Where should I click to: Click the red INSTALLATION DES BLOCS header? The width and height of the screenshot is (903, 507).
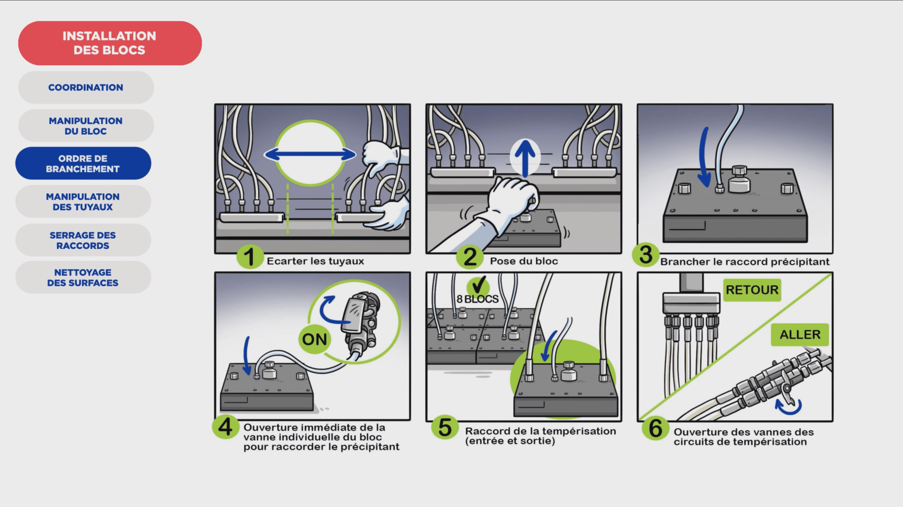coord(110,43)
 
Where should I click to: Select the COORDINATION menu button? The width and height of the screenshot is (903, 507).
coord(86,87)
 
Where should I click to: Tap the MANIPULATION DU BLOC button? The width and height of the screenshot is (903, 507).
coord(86,126)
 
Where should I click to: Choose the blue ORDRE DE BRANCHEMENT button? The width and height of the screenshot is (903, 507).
coord(83,163)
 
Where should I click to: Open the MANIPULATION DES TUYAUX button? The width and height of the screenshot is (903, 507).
coord(83,202)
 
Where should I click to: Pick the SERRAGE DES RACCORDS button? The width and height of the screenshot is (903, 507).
coord(83,240)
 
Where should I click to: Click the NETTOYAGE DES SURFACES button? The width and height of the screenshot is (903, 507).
coord(83,278)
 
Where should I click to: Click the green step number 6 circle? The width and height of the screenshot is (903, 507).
coord(656,428)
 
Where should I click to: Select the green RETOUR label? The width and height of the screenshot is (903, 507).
coord(752,290)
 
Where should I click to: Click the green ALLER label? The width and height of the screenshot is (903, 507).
coord(800,334)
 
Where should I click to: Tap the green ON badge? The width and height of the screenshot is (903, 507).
coord(314,339)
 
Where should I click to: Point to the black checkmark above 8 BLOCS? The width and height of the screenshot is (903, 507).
coord(478,285)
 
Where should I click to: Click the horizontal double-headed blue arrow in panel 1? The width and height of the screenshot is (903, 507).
coord(310,154)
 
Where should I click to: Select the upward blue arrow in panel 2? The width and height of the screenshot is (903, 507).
coord(525,158)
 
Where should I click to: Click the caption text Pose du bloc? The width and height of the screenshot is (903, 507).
coord(524,261)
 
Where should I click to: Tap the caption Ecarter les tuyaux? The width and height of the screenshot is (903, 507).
coord(315,261)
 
